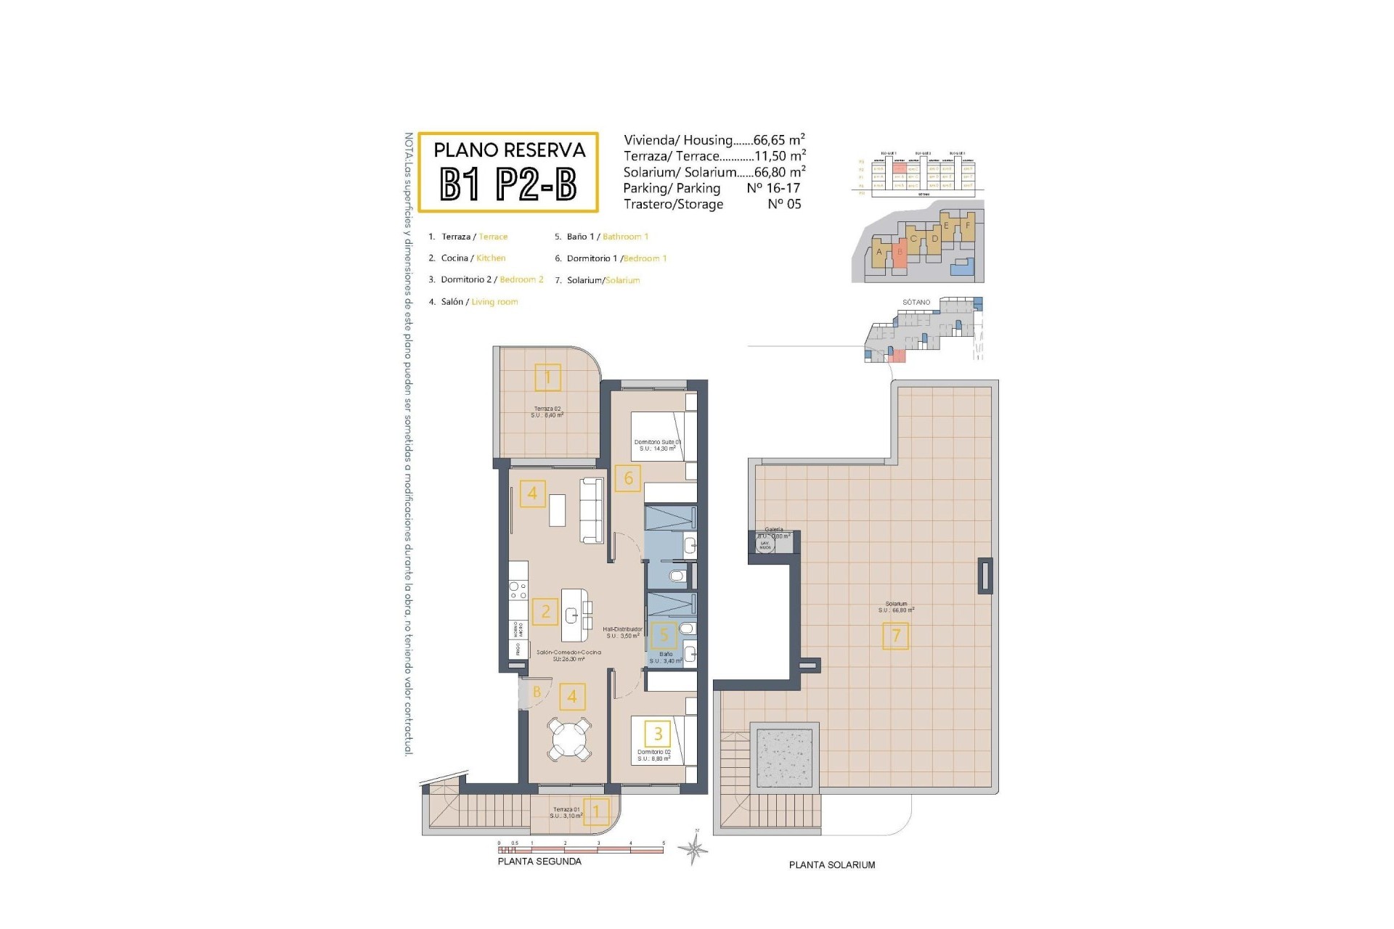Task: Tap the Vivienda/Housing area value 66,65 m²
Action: click(x=779, y=140)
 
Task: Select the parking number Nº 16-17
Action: click(x=773, y=188)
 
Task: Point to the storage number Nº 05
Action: click(x=784, y=204)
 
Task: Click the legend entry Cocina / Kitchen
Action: click(x=473, y=258)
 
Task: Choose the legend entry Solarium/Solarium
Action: click(x=603, y=280)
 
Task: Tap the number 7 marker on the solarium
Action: click(x=895, y=637)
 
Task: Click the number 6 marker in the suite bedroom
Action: click(x=628, y=478)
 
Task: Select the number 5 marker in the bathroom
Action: click(x=663, y=636)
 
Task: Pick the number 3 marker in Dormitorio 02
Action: click(x=658, y=733)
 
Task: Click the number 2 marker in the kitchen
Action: click(x=545, y=612)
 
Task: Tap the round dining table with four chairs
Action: click(x=570, y=739)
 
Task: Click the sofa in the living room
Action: click(x=592, y=510)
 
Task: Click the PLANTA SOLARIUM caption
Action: click(x=832, y=865)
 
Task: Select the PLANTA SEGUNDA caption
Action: click(x=539, y=862)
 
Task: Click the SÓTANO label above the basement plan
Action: click(x=916, y=302)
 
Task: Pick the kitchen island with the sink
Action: click(x=575, y=614)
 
